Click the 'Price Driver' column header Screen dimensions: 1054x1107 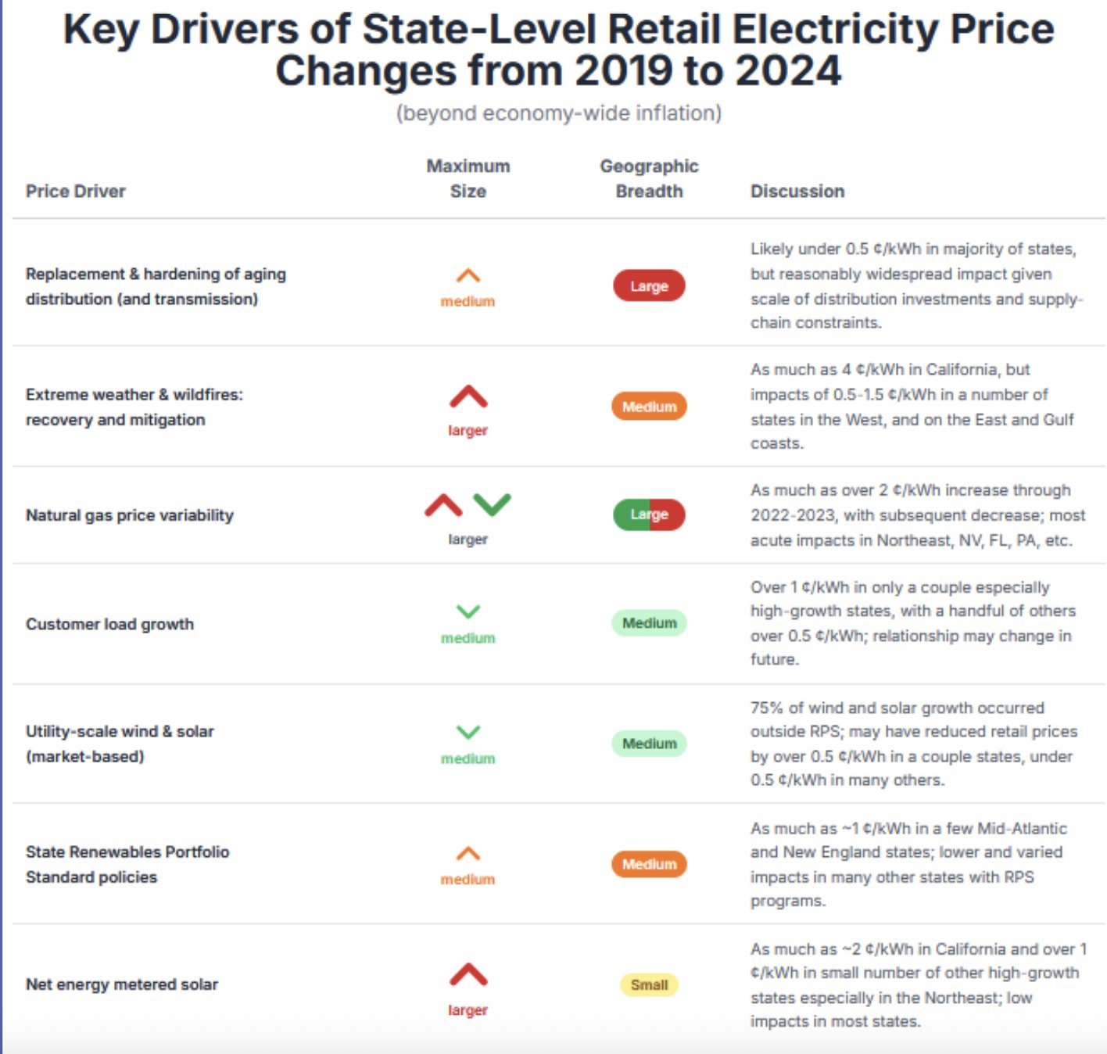(x=75, y=192)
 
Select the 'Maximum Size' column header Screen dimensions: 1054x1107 (x=468, y=179)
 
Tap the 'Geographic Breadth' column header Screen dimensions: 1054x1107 (x=649, y=179)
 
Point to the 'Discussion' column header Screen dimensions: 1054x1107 (x=797, y=192)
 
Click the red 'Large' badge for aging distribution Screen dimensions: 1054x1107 (x=649, y=286)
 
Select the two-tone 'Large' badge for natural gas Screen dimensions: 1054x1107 (x=649, y=514)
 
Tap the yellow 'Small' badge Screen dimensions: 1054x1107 (x=649, y=985)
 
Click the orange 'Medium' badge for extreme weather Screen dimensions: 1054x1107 (x=649, y=407)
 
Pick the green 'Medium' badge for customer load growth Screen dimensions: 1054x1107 (x=649, y=623)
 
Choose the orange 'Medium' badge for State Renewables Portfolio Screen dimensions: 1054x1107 (x=649, y=864)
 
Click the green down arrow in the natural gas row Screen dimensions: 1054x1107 (x=492, y=504)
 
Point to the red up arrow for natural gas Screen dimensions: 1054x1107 (x=443, y=505)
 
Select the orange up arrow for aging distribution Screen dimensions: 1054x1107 (x=468, y=276)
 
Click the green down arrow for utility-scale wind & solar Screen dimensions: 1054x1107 (x=468, y=733)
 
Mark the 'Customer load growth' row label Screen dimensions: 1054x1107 (x=109, y=624)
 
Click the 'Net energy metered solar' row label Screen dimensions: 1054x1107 (x=122, y=985)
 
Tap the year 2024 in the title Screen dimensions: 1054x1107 (x=787, y=71)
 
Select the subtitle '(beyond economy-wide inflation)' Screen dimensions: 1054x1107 (x=558, y=113)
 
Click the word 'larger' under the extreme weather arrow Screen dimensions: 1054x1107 (x=468, y=431)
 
